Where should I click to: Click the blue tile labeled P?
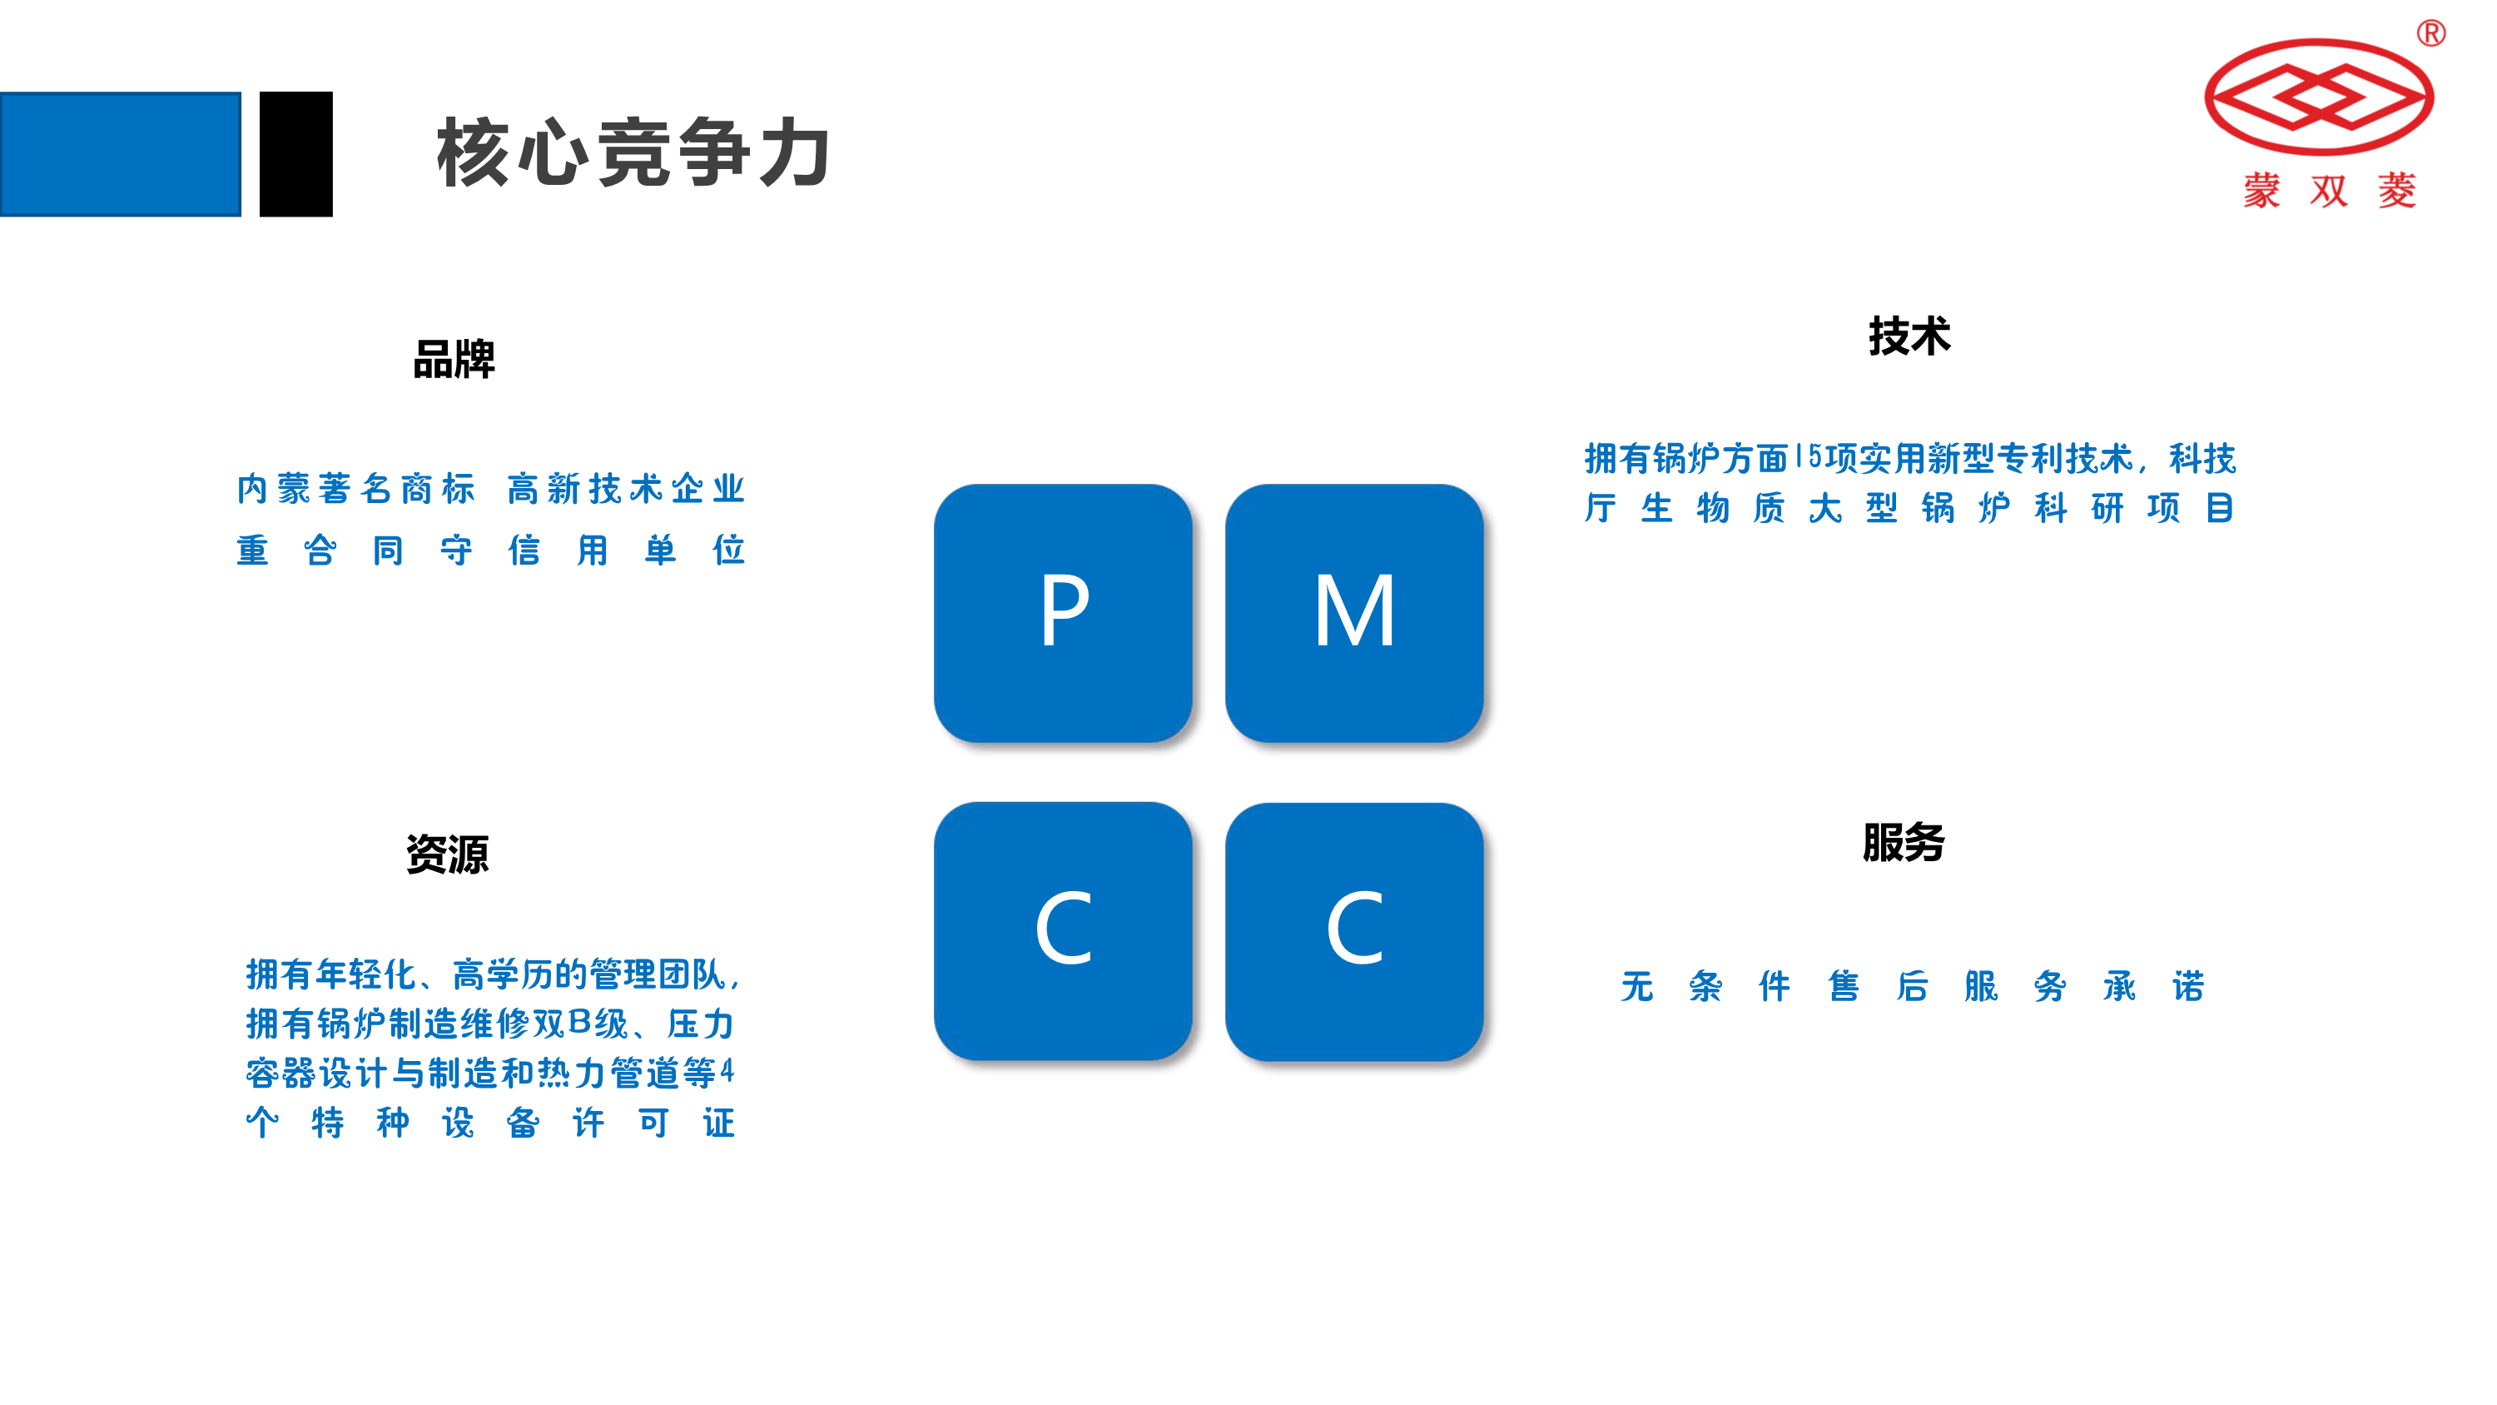click(x=1062, y=613)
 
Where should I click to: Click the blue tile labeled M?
click(x=1353, y=613)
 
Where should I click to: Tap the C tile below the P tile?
click(x=1062, y=931)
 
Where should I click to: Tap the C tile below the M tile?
click(x=1353, y=931)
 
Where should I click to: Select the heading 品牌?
click(x=454, y=360)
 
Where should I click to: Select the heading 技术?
click(x=1909, y=336)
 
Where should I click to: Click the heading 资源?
click(x=447, y=854)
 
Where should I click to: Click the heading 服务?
click(x=1903, y=842)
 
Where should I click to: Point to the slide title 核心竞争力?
click(x=633, y=153)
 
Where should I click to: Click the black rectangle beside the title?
click(x=295, y=153)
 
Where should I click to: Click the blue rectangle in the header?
click(x=120, y=153)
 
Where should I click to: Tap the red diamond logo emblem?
click(x=2319, y=97)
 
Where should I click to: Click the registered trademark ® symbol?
click(x=2431, y=34)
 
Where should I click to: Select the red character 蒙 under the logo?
click(x=2261, y=191)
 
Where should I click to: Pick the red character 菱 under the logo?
click(x=2396, y=191)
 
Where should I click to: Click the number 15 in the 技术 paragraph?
click(x=1808, y=456)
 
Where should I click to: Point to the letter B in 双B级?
click(x=579, y=1022)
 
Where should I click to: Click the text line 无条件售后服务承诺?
click(x=1912, y=986)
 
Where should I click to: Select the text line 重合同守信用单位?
click(x=490, y=550)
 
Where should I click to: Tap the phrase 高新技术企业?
click(x=625, y=489)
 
